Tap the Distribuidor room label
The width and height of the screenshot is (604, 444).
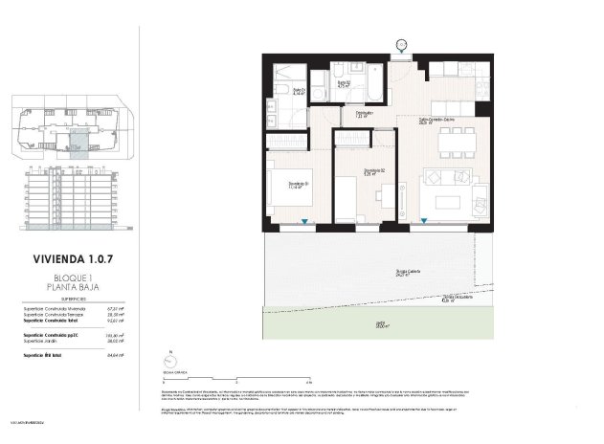(364, 114)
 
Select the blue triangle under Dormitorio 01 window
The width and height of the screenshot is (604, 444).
(304, 223)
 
